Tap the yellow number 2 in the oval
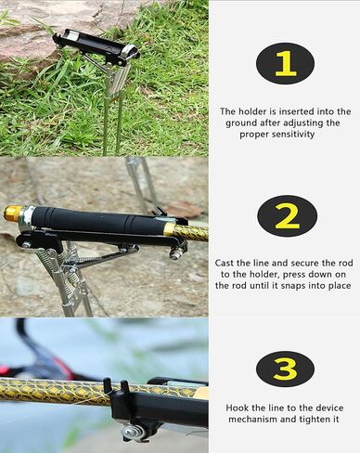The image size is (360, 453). coord(287,216)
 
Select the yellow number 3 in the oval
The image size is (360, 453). coord(285,369)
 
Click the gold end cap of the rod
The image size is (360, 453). coord(13,214)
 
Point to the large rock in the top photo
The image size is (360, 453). coord(37,28)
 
